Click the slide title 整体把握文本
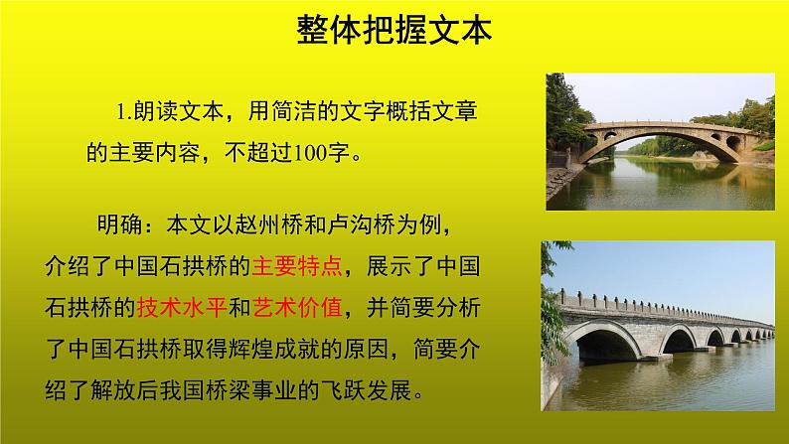394,32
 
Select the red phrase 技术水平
180,307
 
